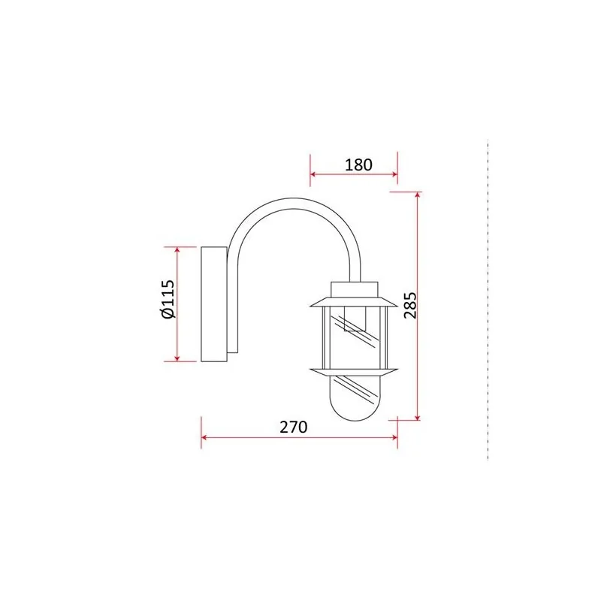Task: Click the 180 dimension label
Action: point(358,165)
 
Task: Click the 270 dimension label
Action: point(293,427)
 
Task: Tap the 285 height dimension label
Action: point(409,306)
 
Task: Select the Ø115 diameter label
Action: point(168,299)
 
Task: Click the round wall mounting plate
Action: point(214,304)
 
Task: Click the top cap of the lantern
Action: point(355,290)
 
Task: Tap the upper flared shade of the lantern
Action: point(354,303)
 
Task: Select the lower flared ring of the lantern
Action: point(354,372)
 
